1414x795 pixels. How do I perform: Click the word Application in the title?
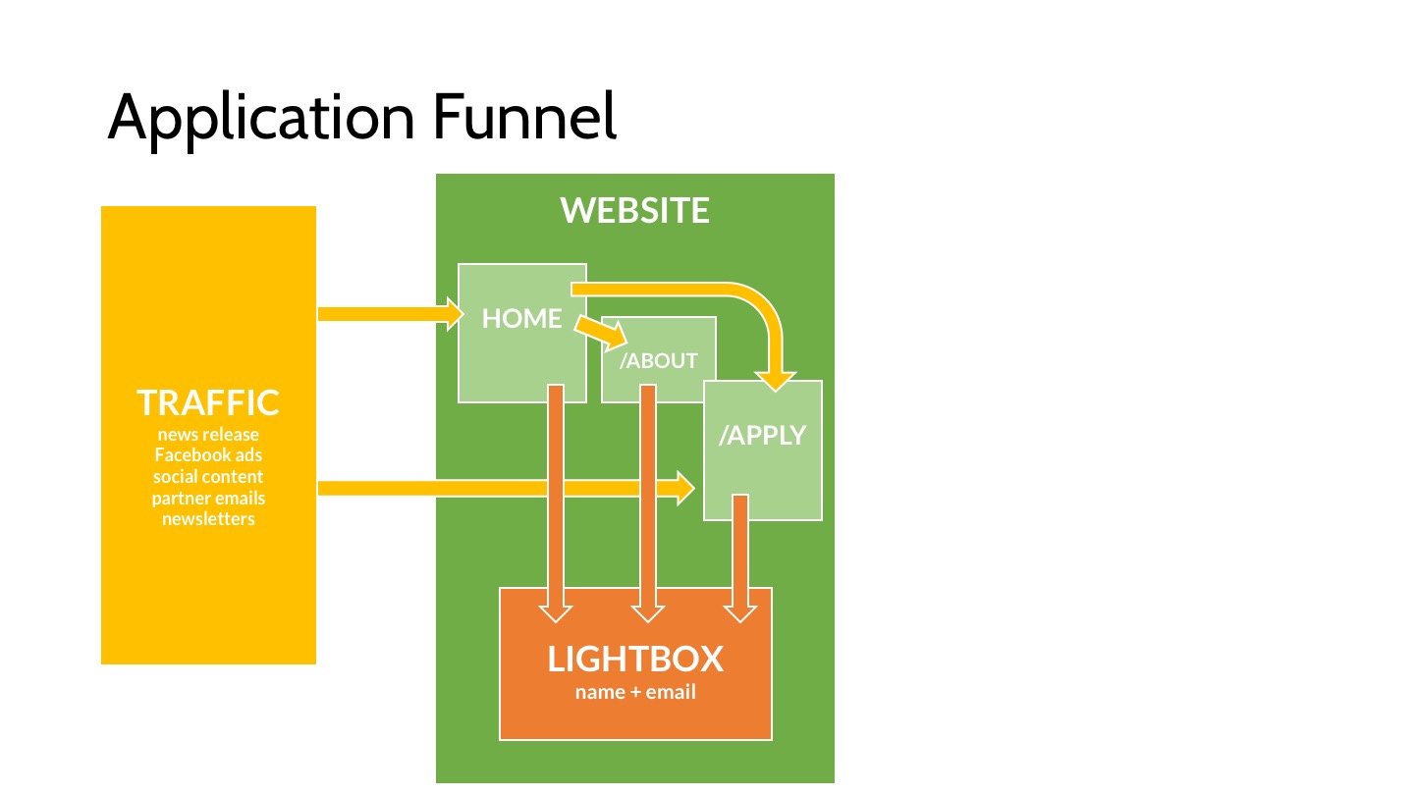click(x=261, y=119)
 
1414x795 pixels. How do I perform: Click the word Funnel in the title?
click(x=524, y=117)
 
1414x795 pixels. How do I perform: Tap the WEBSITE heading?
click(x=634, y=210)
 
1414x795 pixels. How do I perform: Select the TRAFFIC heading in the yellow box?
click(x=208, y=402)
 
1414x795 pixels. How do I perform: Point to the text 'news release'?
click(x=208, y=434)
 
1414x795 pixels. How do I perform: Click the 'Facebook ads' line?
click(x=208, y=455)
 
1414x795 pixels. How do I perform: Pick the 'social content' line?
click(x=208, y=476)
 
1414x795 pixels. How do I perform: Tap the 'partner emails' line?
click(x=208, y=499)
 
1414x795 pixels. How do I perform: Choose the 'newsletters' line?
click(x=208, y=518)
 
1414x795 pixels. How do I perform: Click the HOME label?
click(x=521, y=319)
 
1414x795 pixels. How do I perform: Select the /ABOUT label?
click(x=658, y=361)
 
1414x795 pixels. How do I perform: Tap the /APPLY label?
click(x=763, y=436)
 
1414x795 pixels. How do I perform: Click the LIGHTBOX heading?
click(x=635, y=659)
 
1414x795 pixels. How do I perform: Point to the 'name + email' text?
click(x=635, y=692)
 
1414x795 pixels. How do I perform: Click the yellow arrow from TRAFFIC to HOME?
click(x=391, y=314)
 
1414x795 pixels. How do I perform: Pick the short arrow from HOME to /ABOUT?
click(x=600, y=333)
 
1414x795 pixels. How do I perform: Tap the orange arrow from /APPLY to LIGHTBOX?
click(x=740, y=558)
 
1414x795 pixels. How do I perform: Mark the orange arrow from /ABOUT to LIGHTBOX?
click(x=648, y=503)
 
